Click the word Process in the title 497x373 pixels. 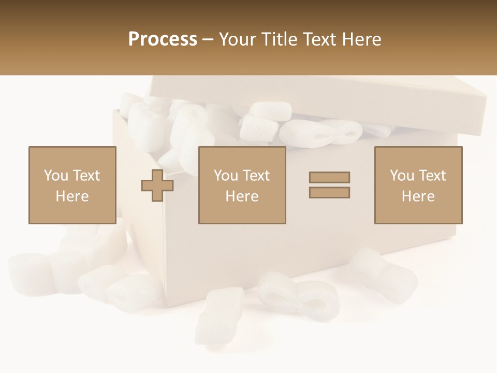pyautogui.click(x=163, y=39)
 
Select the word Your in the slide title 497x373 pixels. pyautogui.click(x=237, y=39)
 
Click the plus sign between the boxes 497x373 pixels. pyautogui.click(x=157, y=185)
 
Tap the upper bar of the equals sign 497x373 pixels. pyautogui.click(x=329, y=177)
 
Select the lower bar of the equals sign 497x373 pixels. pyautogui.click(x=329, y=193)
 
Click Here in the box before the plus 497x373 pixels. pyautogui.click(x=72, y=196)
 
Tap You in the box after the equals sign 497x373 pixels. pyautogui.click(x=402, y=176)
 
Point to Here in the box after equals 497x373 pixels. pyautogui.click(x=418, y=196)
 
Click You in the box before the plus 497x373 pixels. pyautogui.click(x=56, y=176)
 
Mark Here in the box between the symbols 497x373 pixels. pyautogui.click(x=242, y=196)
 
